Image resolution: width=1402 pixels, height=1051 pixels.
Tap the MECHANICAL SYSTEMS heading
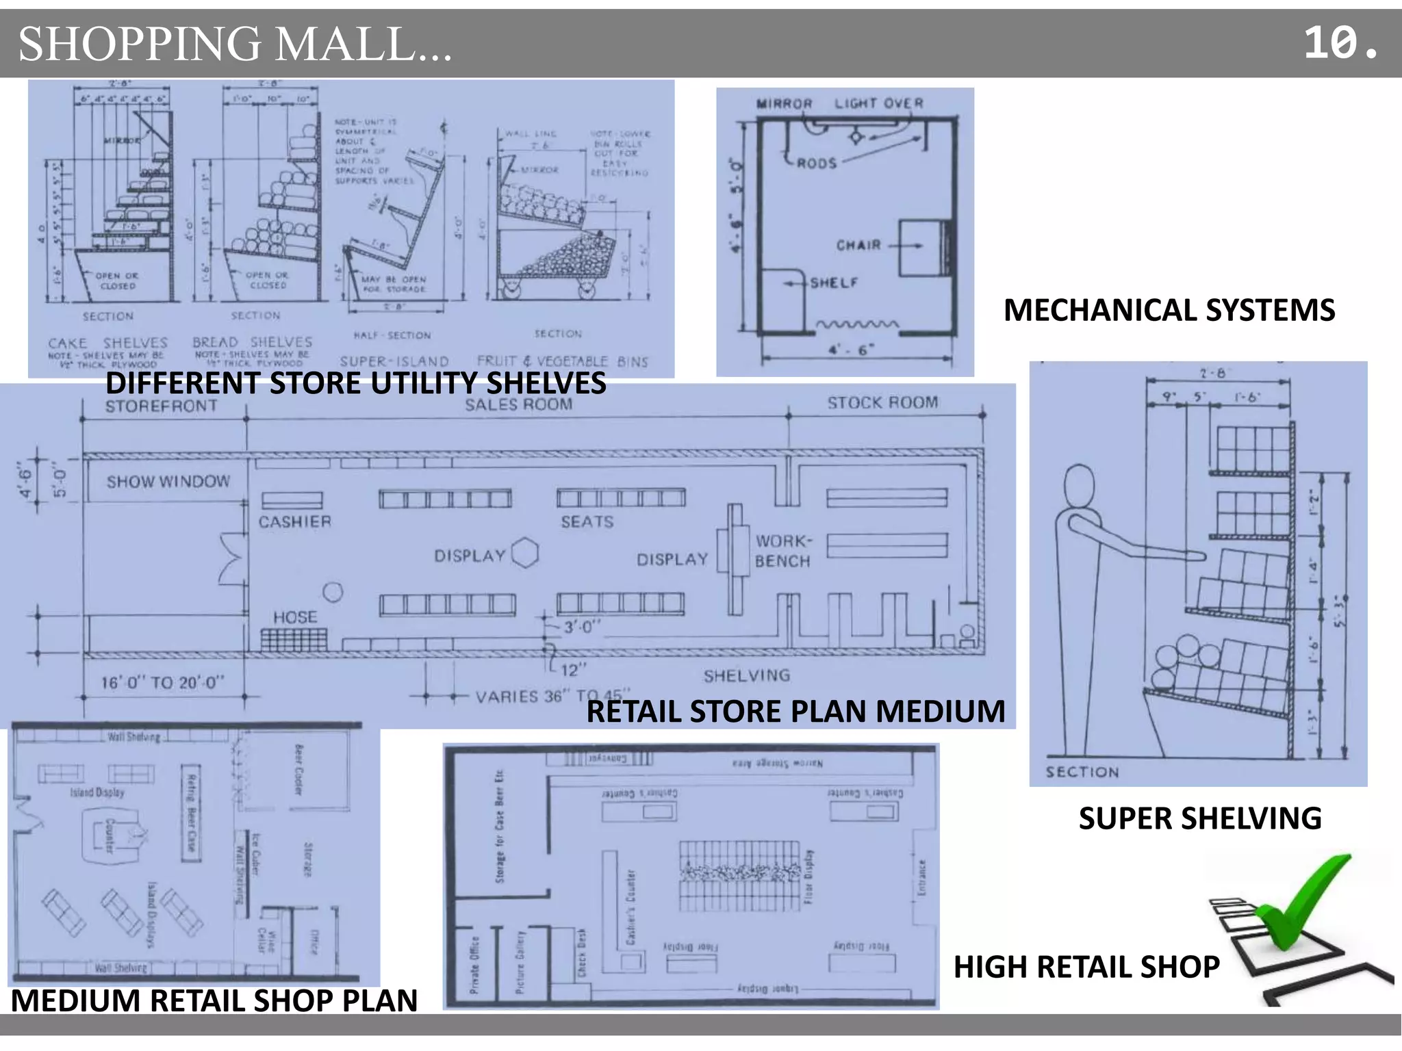tap(1169, 310)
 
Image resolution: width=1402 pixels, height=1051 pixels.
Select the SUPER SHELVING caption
tap(1199, 818)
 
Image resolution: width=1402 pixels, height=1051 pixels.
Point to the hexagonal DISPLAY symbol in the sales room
tap(525, 554)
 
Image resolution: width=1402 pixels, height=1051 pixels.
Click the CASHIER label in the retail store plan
tap(294, 522)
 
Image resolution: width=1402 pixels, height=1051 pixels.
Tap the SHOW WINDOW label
tap(168, 482)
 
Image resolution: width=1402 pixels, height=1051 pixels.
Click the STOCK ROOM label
tap(882, 403)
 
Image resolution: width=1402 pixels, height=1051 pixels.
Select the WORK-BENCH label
tap(782, 551)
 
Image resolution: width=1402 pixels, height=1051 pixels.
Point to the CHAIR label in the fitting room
tap(858, 245)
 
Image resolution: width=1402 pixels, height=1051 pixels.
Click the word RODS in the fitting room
tap(817, 164)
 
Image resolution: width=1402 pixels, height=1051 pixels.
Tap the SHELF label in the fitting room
tap(834, 283)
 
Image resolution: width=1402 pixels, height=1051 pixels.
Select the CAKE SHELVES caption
tap(108, 343)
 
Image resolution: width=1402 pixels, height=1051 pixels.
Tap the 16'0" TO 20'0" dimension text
tap(162, 683)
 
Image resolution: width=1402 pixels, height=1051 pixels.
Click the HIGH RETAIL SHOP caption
tap(1086, 967)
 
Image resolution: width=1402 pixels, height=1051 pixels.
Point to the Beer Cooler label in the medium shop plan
tap(298, 770)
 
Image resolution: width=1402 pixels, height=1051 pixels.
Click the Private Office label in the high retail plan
tap(474, 964)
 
